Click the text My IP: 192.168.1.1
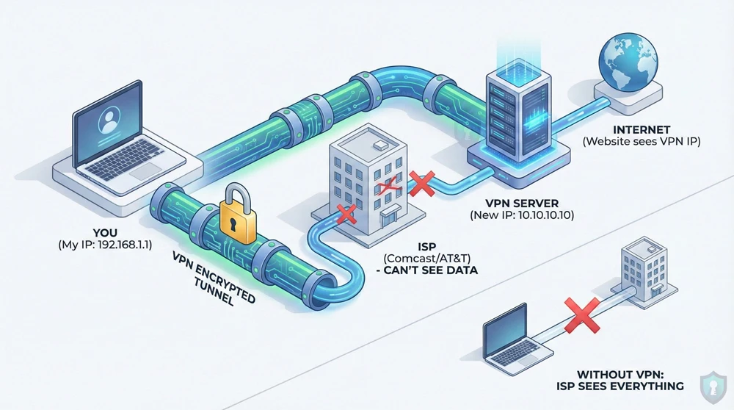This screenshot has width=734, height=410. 103,245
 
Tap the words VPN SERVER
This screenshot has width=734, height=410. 522,202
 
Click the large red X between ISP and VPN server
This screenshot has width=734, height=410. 422,184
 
